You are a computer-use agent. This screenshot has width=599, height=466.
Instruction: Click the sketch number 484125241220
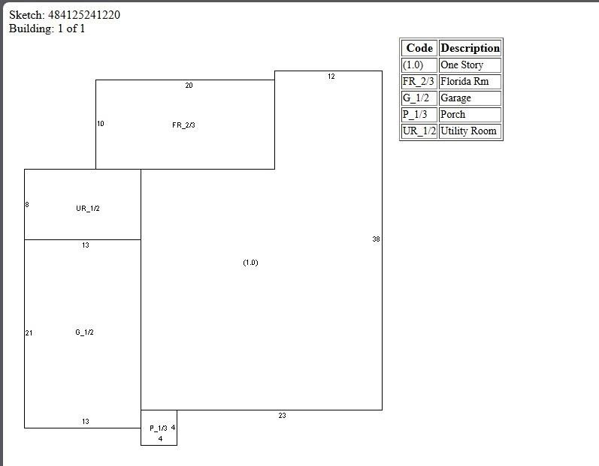pyautogui.click(x=89, y=15)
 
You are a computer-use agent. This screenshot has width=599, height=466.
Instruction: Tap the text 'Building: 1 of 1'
pyautogui.click(x=47, y=29)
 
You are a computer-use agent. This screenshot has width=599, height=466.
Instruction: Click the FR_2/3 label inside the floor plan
pyautogui.click(x=183, y=125)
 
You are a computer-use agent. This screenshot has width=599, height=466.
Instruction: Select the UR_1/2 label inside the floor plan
pyautogui.click(x=87, y=209)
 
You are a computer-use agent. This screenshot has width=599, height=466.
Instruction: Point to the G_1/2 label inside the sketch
pyautogui.click(x=84, y=332)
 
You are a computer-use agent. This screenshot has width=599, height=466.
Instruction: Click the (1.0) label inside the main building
pyautogui.click(x=250, y=263)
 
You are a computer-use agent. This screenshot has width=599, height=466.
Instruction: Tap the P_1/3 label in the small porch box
pyautogui.click(x=158, y=428)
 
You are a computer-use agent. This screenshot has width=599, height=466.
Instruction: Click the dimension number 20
pyautogui.click(x=189, y=86)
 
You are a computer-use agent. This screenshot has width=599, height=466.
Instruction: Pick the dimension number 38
pyautogui.click(x=376, y=239)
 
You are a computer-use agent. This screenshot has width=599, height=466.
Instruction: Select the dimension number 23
pyautogui.click(x=282, y=416)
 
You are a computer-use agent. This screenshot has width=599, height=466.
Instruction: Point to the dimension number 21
pyautogui.click(x=29, y=333)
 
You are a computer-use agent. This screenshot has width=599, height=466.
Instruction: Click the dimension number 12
pyautogui.click(x=331, y=77)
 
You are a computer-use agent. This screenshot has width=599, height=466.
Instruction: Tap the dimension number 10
pyautogui.click(x=101, y=124)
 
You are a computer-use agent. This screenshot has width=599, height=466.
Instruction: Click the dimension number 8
pyautogui.click(x=27, y=205)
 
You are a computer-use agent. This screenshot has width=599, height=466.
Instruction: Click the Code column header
pyautogui.click(x=419, y=48)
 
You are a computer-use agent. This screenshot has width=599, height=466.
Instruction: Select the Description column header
pyautogui.click(x=470, y=48)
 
